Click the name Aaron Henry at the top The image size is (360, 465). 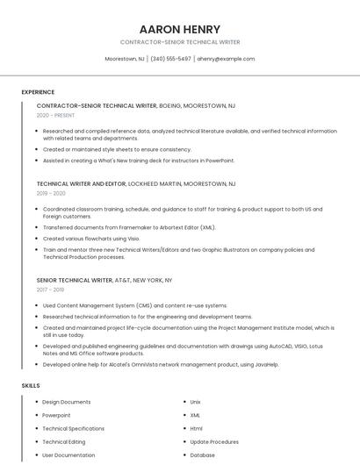tap(180, 29)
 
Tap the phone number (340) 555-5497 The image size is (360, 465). tap(170, 59)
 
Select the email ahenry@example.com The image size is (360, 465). tap(226, 59)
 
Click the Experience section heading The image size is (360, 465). tap(38, 92)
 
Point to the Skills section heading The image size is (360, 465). tap(31, 385)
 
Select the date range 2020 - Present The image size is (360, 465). tap(55, 115)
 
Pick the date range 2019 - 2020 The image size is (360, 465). tap(51, 193)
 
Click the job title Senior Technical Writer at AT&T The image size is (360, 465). tap(75, 280)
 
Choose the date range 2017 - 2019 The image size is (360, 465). tap(50, 289)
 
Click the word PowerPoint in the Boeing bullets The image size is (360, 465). tap(220, 161)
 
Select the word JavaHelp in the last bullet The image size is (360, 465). tap(265, 364)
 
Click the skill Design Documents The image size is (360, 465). tap(66, 402)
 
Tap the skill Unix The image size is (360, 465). tap(195, 402)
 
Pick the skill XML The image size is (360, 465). tap(195, 415)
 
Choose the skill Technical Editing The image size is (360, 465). tap(64, 442)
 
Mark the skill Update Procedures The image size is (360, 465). tap(214, 442)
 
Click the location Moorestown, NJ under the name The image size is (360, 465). tap(125, 59)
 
